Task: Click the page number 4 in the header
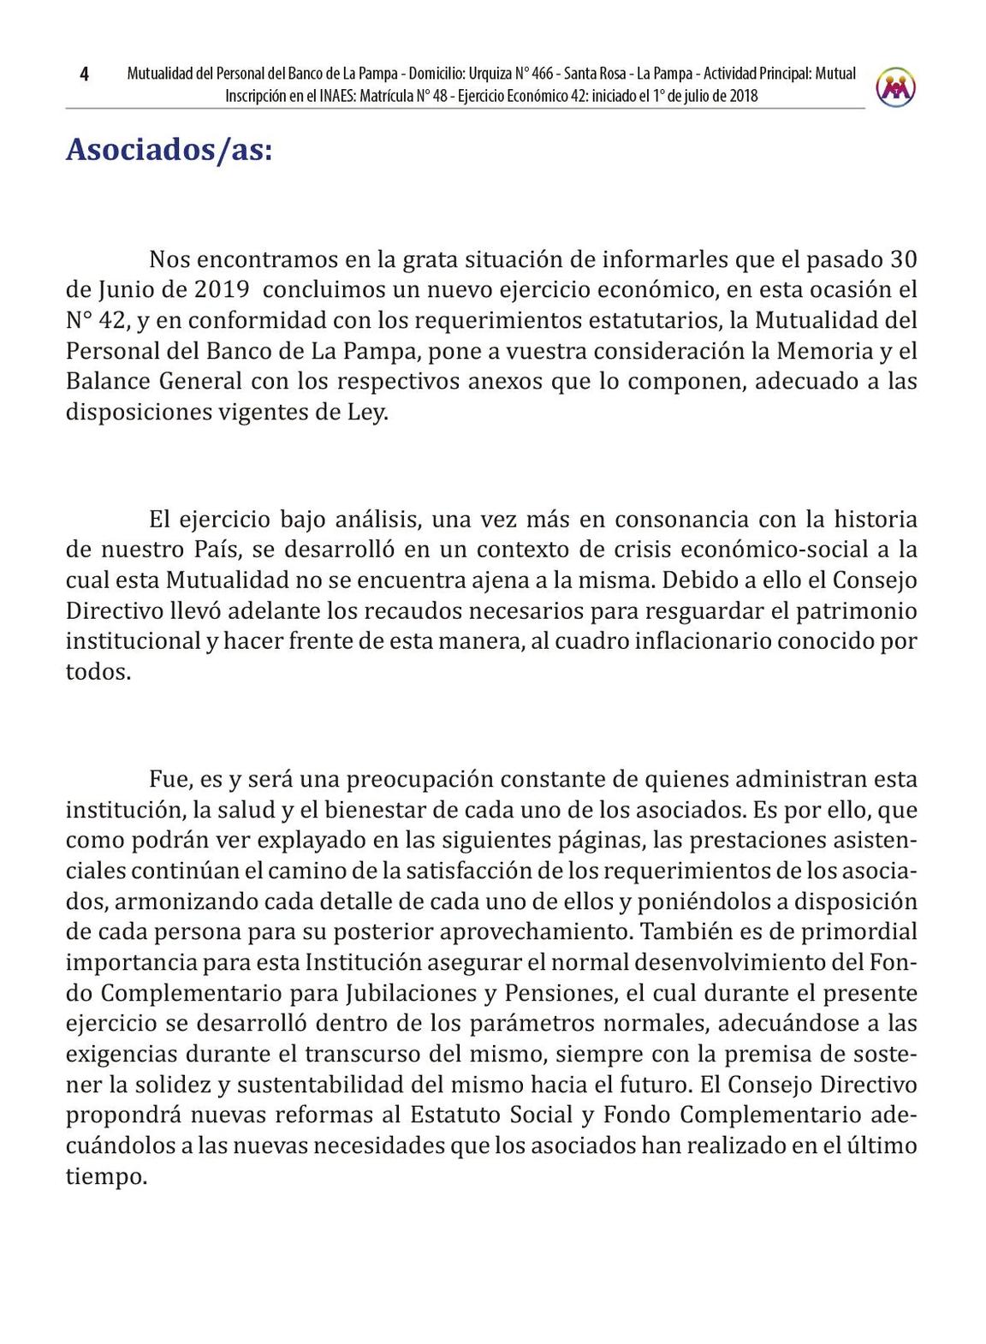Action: click(84, 74)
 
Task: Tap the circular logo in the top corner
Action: click(895, 86)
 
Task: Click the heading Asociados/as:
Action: click(169, 150)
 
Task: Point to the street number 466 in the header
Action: click(543, 74)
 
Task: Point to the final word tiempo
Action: click(106, 1177)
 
